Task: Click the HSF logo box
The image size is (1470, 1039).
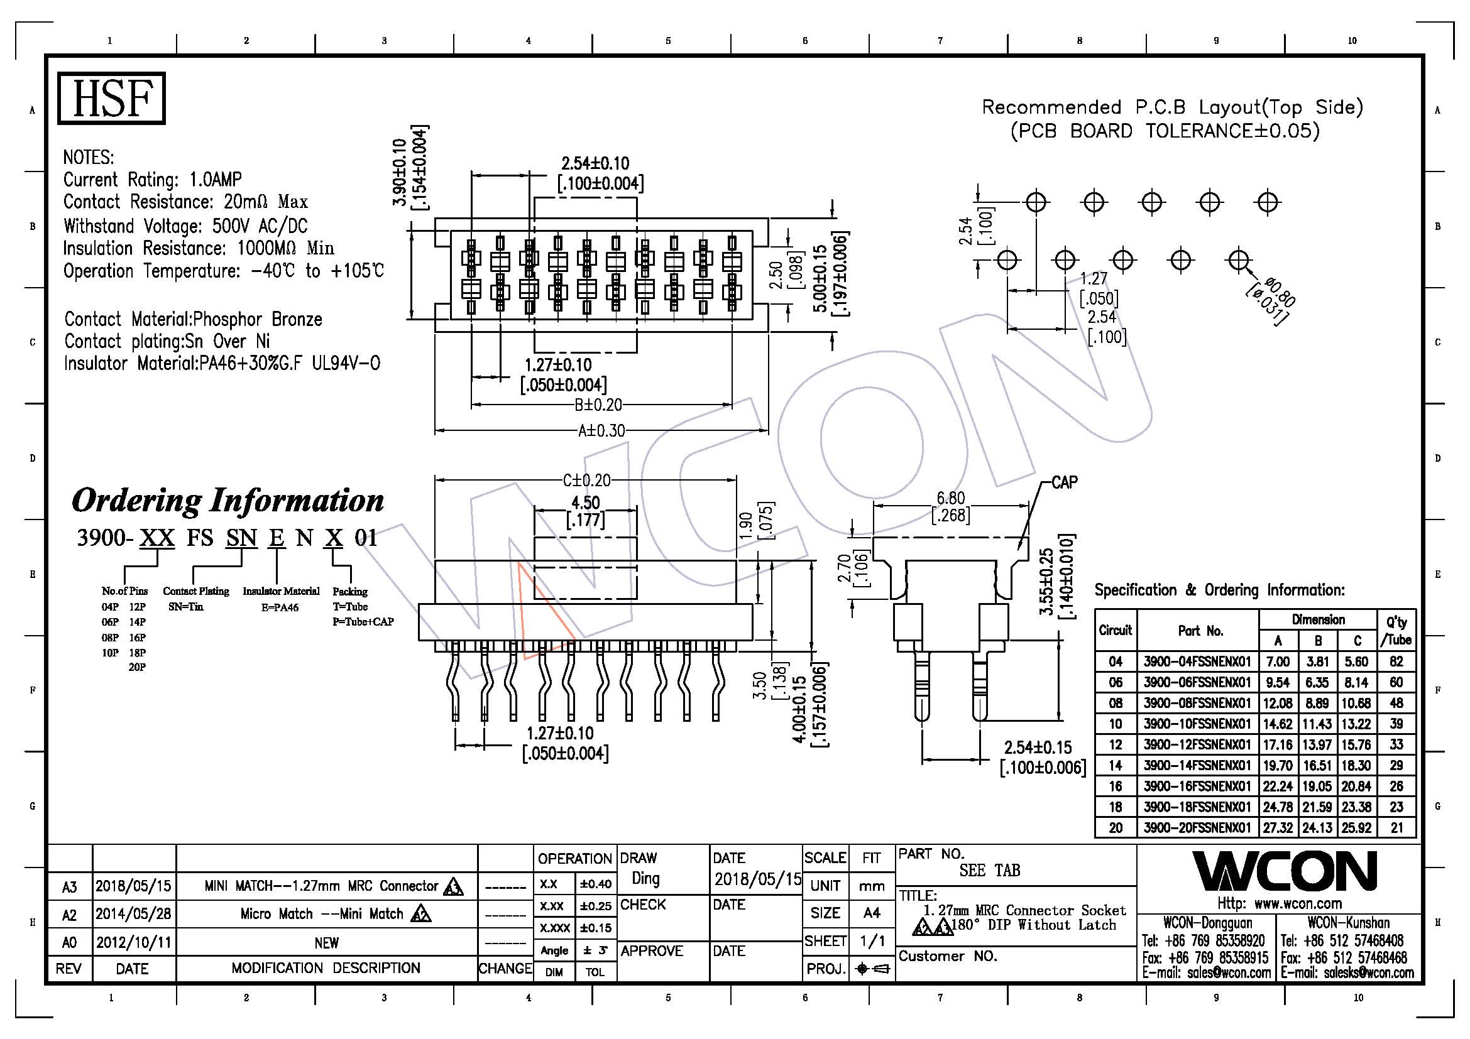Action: click(111, 98)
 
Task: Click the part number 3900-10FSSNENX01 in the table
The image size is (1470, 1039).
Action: click(1197, 724)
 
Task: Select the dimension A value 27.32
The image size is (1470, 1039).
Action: click(1277, 827)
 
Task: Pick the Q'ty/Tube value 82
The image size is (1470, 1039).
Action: click(1396, 661)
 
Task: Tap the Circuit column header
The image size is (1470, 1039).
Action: click(1116, 630)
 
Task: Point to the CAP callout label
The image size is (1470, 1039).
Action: click(1064, 482)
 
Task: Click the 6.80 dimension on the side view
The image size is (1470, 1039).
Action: click(950, 498)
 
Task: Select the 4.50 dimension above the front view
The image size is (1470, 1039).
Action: click(585, 503)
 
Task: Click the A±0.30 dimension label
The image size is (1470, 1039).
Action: click(601, 430)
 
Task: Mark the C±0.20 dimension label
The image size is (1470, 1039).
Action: click(586, 480)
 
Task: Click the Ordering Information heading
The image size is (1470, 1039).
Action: click(228, 501)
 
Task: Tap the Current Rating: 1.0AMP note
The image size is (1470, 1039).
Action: click(152, 180)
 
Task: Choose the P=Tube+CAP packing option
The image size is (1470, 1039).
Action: click(363, 622)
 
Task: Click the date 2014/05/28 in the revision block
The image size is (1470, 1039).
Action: click(133, 913)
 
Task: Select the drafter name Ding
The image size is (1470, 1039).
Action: click(645, 879)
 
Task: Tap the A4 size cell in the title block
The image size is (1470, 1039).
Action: click(871, 913)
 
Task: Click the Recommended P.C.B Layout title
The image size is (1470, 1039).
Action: click(1172, 107)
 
